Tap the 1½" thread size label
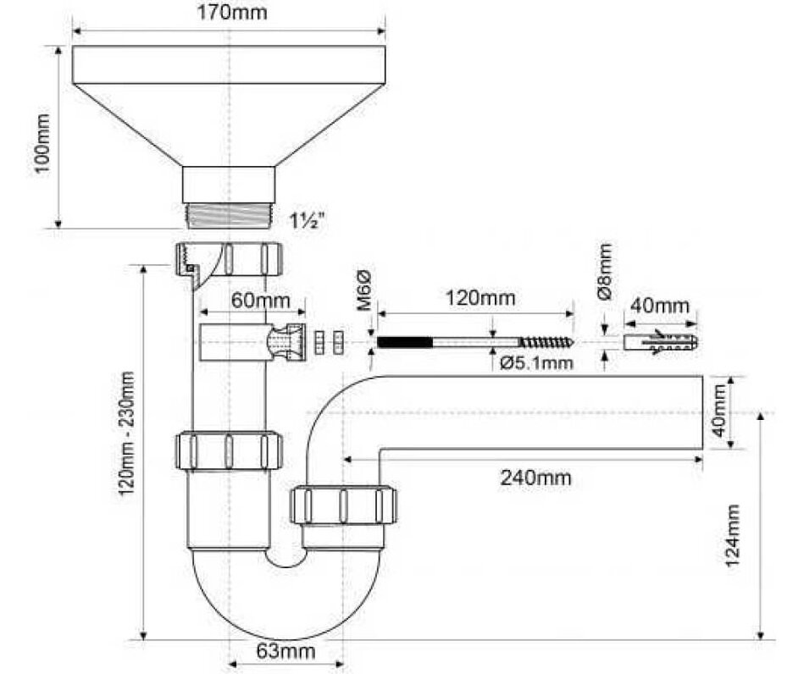[x=309, y=222]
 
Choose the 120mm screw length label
[x=480, y=298]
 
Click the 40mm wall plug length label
[x=661, y=306]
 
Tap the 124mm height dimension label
[x=734, y=534]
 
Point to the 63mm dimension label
[x=285, y=652]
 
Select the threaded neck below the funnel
[x=228, y=215]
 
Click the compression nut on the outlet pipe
[x=342, y=506]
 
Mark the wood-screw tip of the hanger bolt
[x=551, y=343]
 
